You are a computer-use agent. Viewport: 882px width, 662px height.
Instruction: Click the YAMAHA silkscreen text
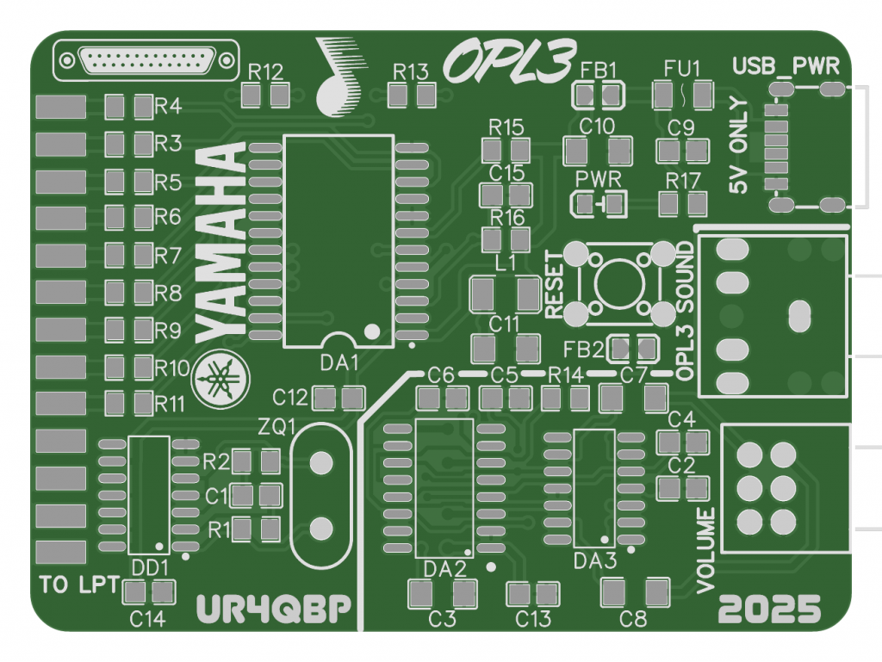tap(220, 242)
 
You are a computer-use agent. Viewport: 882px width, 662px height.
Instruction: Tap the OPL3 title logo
tap(510, 61)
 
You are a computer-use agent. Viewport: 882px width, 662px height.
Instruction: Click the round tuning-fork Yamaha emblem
tap(220, 379)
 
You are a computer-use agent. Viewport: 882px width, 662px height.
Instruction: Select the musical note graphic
tap(339, 75)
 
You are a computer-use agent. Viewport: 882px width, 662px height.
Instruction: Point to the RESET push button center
tap(618, 283)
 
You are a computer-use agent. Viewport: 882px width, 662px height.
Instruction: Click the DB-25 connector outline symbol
tap(146, 60)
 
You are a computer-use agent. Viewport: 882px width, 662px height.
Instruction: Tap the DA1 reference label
tap(339, 363)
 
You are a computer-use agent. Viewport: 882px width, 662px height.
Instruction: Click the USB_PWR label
tap(786, 66)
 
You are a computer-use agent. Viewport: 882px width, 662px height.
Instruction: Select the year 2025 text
tap(769, 609)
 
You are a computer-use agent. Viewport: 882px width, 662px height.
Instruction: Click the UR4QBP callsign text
tap(273, 608)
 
